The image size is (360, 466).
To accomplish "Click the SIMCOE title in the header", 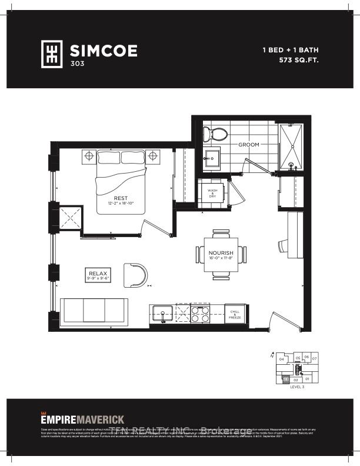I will pos(104,51).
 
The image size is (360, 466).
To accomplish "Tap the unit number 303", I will pos(76,64).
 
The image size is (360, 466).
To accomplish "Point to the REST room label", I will pos(121,198).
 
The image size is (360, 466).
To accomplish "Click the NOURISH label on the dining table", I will pos(221,254).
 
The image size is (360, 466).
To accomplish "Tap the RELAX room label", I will pos(97,274).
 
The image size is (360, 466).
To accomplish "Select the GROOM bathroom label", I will pos(249,144).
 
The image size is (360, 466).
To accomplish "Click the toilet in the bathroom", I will pos(212,132).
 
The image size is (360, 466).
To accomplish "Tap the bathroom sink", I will pos(212,155).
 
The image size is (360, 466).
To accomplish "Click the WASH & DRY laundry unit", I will pos(213,192).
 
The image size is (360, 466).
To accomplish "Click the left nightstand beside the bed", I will pos(89,157).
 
